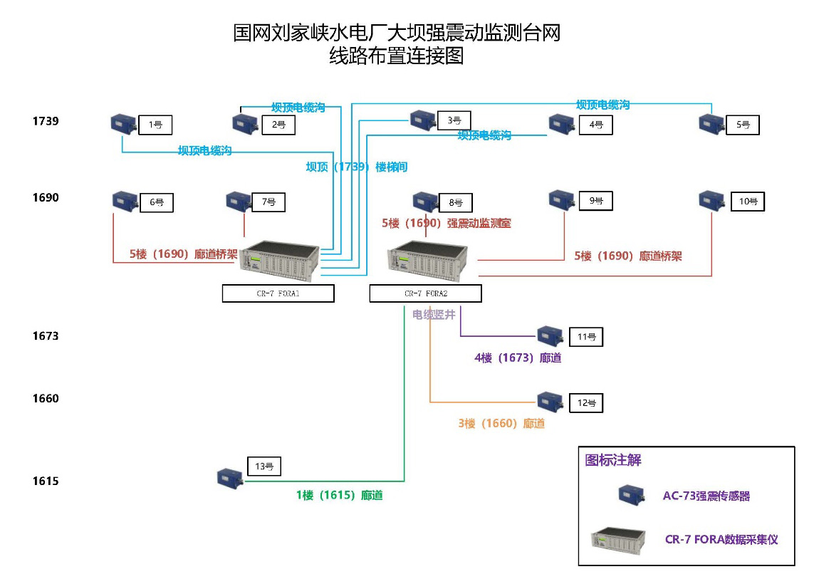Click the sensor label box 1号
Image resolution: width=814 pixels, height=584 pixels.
155,125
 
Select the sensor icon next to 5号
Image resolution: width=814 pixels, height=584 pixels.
711,123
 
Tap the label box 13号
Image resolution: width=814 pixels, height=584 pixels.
264,466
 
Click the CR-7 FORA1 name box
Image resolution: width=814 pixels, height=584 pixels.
278,293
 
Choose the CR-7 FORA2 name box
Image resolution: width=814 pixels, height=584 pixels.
425,293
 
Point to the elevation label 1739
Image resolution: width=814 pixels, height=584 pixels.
46,121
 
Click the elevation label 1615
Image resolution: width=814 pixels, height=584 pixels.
46,481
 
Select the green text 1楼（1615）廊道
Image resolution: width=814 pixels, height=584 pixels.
340,495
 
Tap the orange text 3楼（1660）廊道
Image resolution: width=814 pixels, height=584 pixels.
501,424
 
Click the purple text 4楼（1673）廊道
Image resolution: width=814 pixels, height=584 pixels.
518,358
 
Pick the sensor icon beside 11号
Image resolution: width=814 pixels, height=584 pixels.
549,334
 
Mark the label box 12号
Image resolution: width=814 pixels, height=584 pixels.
586,403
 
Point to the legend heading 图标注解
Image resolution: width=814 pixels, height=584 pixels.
613,461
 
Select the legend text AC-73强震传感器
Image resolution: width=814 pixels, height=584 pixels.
706,496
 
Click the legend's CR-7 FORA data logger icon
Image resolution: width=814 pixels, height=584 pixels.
618,539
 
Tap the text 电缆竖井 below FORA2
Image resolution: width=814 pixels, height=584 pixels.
434,314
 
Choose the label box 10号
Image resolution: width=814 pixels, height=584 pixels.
747,202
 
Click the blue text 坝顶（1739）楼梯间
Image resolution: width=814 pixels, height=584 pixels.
357,167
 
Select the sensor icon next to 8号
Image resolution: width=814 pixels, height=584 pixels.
425,201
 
